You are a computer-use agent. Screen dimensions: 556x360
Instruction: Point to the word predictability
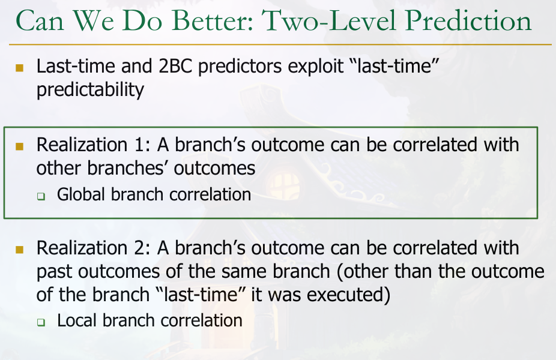(x=90, y=89)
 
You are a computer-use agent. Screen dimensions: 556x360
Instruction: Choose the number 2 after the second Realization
(x=142, y=248)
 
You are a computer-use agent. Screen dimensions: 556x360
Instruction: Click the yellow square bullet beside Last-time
(x=19, y=68)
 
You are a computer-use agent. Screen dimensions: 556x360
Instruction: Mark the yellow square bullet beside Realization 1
(x=19, y=146)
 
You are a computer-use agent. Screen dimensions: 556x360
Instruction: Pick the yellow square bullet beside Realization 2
(x=19, y=250)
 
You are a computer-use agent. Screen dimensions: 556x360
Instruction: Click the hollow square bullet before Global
(x=41, y=196)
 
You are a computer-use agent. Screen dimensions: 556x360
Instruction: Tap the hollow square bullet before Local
(x=41, y=322)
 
